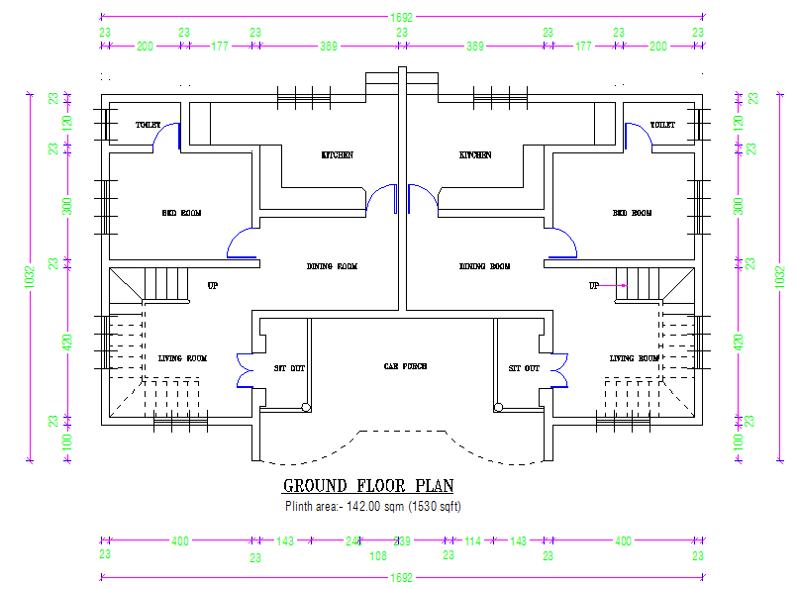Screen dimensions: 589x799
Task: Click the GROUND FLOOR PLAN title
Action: pyautogui.click(x=368, y=486)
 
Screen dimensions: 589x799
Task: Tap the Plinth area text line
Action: pyautogui.click(x=373, y=506)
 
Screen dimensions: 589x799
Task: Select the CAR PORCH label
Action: pyautogui.click(x=404, y=367)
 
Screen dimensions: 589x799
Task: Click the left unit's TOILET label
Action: pyautogui.click(x=148, y=126)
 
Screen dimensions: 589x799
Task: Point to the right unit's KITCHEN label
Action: pyautogui.click(x=475, y=155)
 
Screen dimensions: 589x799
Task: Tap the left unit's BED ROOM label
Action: pyautogui.click(x=182, y=213)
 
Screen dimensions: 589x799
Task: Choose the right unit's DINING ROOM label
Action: pyautogui.click(x=485, y=266)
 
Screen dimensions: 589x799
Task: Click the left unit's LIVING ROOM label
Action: pyautogui.click(x=183, y=358)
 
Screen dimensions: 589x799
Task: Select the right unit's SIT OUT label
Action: pyautogui.click(x=524, y=368)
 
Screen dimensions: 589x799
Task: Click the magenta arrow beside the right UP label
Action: pyautogui.click(x=615, y=285)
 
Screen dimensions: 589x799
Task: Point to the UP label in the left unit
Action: pyautogui.click(x=213, y=286)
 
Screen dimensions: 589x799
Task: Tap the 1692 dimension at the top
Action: pyautogui.click(x=401, y=17)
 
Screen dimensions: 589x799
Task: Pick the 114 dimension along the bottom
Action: pyautogui.click(x=473, y=541)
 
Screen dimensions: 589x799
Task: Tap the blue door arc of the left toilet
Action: pyautogui.click(x=170, y=135)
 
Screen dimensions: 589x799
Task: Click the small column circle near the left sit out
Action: pyautogui.click(x=307, y=406)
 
